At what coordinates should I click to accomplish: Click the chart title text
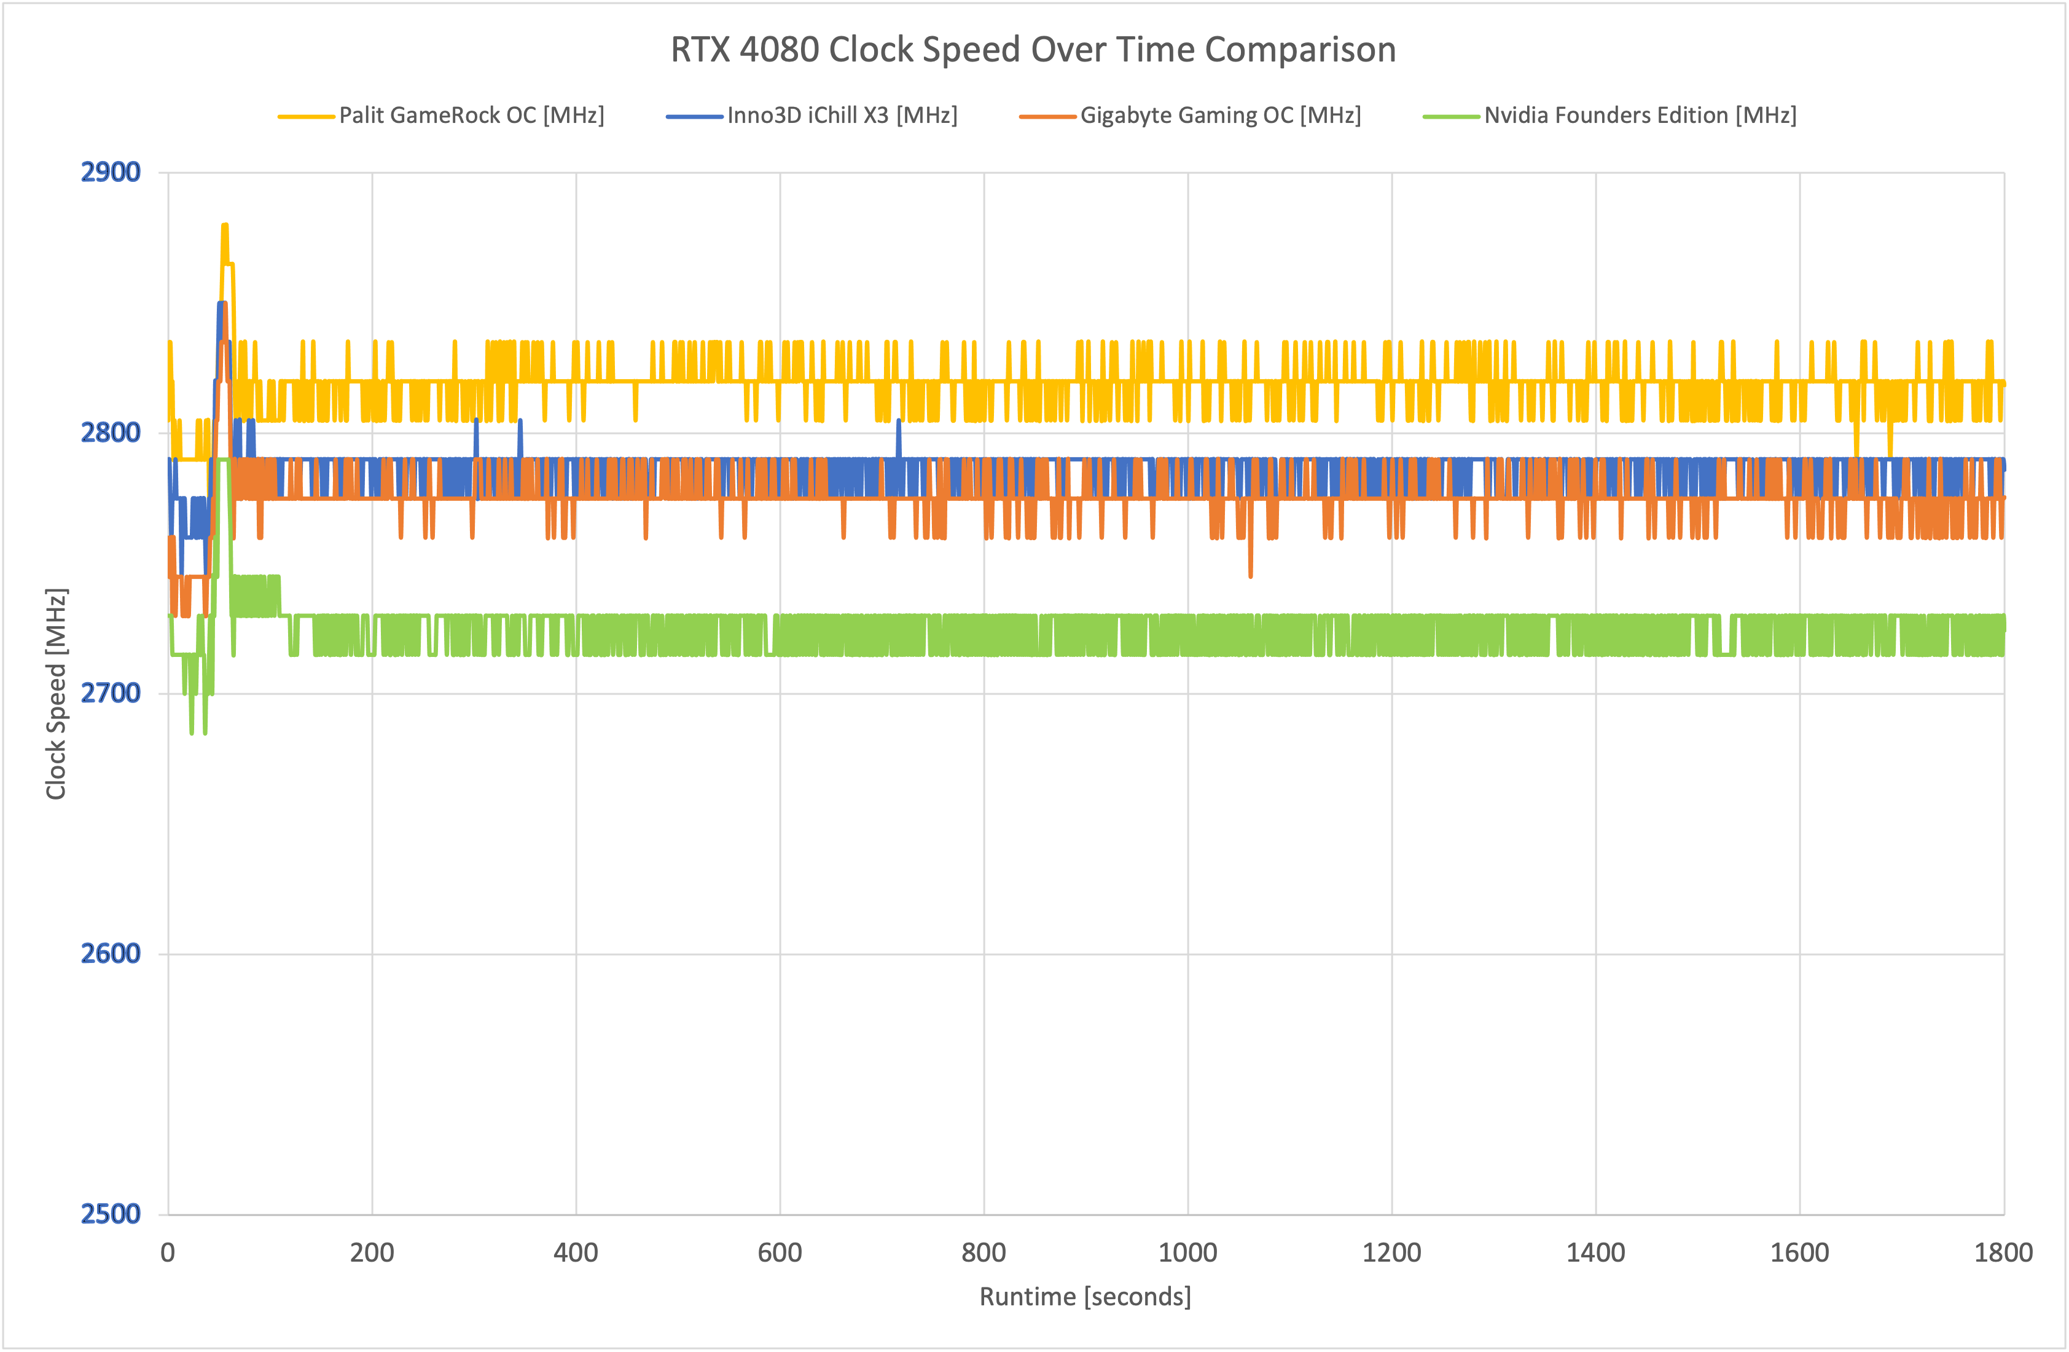click(x=1033, y=50)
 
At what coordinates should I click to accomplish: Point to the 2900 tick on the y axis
click(x=111, y=172)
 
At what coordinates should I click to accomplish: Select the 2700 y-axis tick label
click(x=111, y=693)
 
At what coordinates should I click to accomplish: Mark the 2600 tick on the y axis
click(x=111, y=953)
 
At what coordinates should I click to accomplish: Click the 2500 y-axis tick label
click(x=111, y=1214)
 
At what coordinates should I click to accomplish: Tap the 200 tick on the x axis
click(x=372, y=1253)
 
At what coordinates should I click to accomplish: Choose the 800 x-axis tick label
click(x=984, y=1253)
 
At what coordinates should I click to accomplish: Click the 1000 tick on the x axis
click(x=1187, y=1253)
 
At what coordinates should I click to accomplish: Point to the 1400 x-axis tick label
click(x=1595, y=1253)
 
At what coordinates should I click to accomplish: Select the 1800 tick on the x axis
click(x=2003, y=1253)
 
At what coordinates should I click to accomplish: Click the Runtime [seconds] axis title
click(x=1085, y=1296)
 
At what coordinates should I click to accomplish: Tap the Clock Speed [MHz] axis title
click(x=57, y=693)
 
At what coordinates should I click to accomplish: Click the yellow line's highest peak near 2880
click(x=224, y=226)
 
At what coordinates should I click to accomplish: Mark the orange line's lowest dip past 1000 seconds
click(x=1251, y=575)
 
